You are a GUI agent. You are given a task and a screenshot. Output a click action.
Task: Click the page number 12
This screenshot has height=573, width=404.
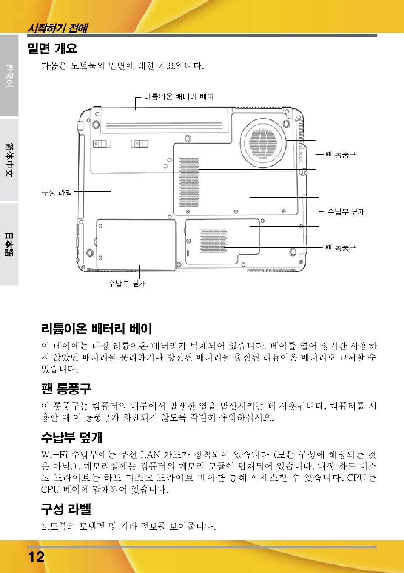(37, 557)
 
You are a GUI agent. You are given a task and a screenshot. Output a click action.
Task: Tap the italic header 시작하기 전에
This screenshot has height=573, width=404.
(57, 28)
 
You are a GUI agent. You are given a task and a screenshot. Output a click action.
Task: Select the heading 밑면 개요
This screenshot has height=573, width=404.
(53, 48)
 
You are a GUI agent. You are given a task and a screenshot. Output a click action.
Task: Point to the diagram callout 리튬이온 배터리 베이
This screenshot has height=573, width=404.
(179, 97)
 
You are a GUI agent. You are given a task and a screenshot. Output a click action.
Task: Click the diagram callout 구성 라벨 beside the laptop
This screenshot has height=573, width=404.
(57, 192)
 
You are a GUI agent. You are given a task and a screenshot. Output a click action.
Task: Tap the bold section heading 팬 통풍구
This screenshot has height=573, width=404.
(66, 389)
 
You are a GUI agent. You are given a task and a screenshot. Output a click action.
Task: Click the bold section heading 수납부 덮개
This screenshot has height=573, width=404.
(72, 437)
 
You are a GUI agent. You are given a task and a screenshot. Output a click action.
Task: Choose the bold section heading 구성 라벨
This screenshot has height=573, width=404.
(66, 509)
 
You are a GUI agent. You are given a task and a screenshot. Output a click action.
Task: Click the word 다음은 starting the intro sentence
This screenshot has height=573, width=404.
(54, 66)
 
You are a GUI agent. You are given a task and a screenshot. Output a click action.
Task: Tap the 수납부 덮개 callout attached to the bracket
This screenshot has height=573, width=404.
(346, 212)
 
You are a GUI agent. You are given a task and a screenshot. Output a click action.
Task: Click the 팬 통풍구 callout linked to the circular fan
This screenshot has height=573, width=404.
(340, 155)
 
